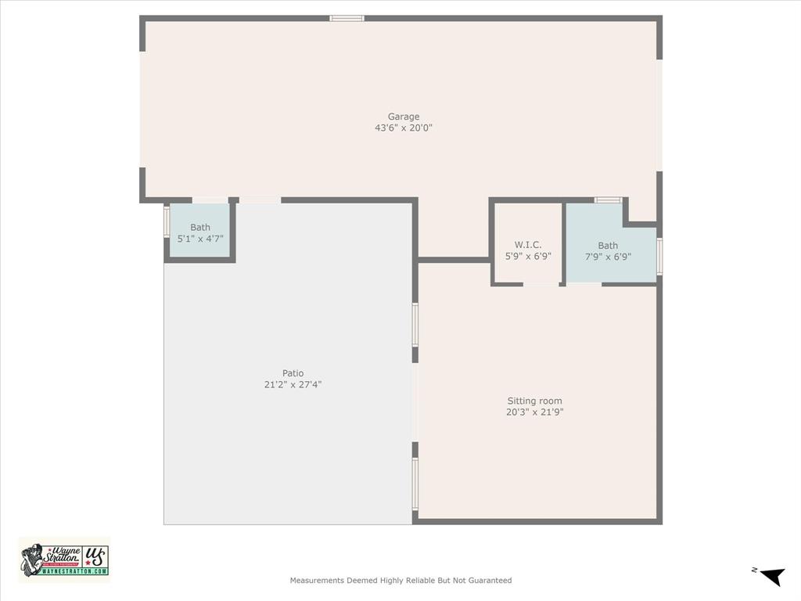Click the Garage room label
pos(404,117)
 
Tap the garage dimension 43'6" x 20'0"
pos(404,128)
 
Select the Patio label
pos(293,373)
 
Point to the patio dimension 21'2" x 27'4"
pos(293,384)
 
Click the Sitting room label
pos(534,401)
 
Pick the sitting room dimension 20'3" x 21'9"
pos(534,412)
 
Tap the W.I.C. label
pos(528,245)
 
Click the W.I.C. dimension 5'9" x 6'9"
pos(528,256)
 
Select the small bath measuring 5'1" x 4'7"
pos(200,232)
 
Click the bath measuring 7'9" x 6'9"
pos(608,250)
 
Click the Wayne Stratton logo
pos(64,560)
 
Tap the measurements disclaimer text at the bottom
pos(400,581)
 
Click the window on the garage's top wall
pos(347,18)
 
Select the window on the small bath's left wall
pos(167,221)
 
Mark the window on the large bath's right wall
pos(659,257)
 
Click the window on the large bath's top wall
pos(608,200)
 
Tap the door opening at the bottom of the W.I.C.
pos(541,284)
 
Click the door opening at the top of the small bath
pos(210,200)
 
